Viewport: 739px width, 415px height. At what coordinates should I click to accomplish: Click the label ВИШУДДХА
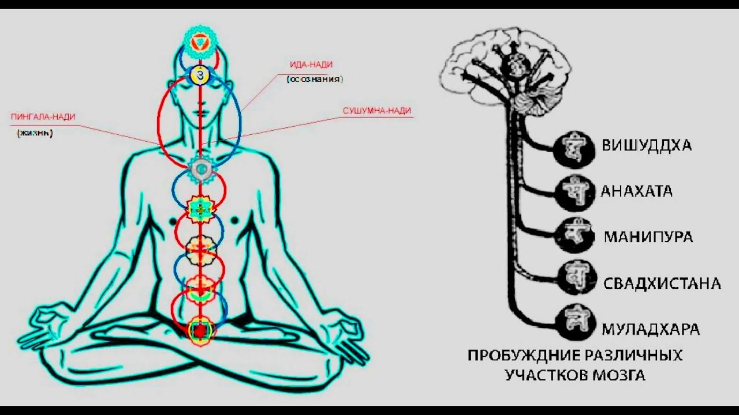click(647, 146)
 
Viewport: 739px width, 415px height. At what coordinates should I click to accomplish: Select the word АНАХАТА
click(636, 191)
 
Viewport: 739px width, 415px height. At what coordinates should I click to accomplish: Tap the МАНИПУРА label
click(648, 237)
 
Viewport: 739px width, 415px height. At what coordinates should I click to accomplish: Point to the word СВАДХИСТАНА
click(662, 284)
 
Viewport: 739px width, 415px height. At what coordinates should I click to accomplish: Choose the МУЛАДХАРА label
click(651, 329)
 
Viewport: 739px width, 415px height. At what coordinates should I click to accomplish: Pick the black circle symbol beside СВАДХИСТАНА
click(577, 278)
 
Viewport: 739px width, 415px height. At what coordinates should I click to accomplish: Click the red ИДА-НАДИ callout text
click(311, 65)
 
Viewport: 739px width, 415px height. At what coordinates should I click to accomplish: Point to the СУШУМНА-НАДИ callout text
click(377, 111)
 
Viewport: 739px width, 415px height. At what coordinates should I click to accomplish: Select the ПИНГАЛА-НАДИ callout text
click(43, 117)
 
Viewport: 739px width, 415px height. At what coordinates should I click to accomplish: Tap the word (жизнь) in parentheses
click(35, 133)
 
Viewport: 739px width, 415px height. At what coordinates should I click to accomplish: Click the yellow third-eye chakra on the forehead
click(200, 75)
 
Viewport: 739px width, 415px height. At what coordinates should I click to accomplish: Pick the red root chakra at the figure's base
click(199, 331)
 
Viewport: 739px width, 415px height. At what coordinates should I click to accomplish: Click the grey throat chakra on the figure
click(201, 169)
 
